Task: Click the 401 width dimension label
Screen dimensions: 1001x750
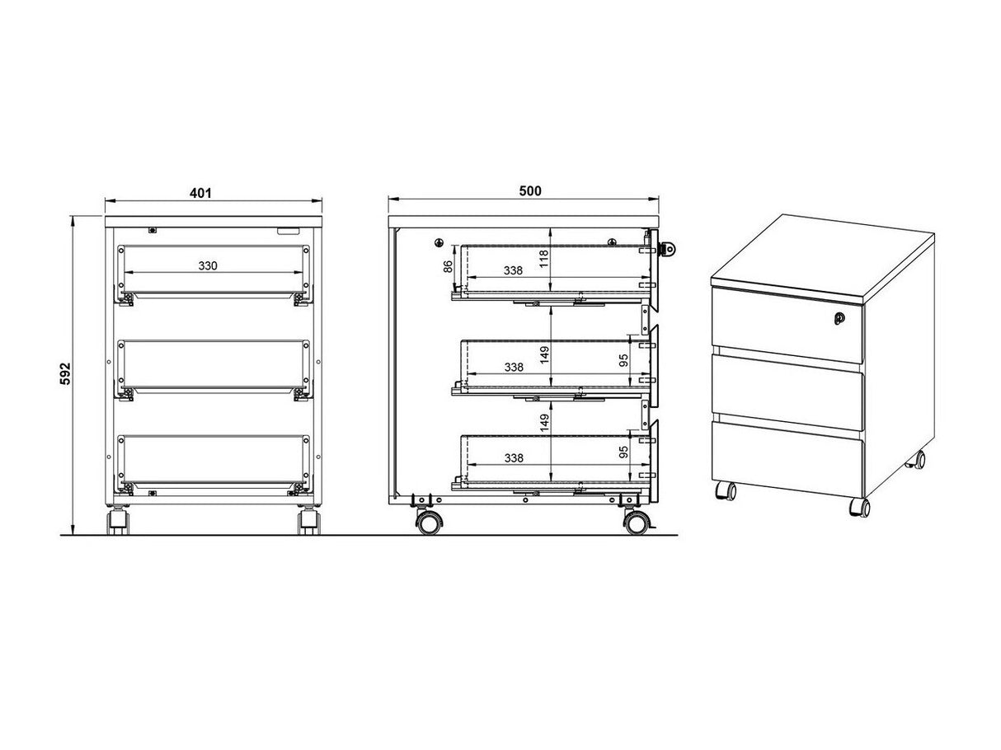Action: (x=200, y=193)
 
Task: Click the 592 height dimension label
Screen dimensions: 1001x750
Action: (x=66, y=373)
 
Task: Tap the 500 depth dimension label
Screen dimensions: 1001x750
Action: (x=530, y=191)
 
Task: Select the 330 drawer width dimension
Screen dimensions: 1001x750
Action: (x=208, y=265)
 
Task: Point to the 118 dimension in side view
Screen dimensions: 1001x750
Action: (x=544, y=259)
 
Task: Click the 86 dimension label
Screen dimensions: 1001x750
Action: (x=449, y=266)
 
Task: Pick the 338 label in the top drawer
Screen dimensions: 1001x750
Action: (x=513, y=270)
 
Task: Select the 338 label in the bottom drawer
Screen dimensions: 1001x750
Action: (x=514, y=458)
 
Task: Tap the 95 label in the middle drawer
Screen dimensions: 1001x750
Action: (x=623, y=360)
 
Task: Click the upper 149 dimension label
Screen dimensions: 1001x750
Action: (x=544, y=355)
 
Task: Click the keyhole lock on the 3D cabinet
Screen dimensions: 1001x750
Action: (x=839, y=318)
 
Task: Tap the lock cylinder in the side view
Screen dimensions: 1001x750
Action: (x=668, y=249)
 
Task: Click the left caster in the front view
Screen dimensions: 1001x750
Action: (x=118, y=521)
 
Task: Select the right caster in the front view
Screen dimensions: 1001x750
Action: (x=310, y=521)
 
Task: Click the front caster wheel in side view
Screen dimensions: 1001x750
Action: (x=637, y=523)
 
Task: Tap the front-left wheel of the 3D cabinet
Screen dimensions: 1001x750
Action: (x=725, y=491)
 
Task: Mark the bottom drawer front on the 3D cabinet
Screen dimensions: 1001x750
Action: (x=787, y=458)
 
